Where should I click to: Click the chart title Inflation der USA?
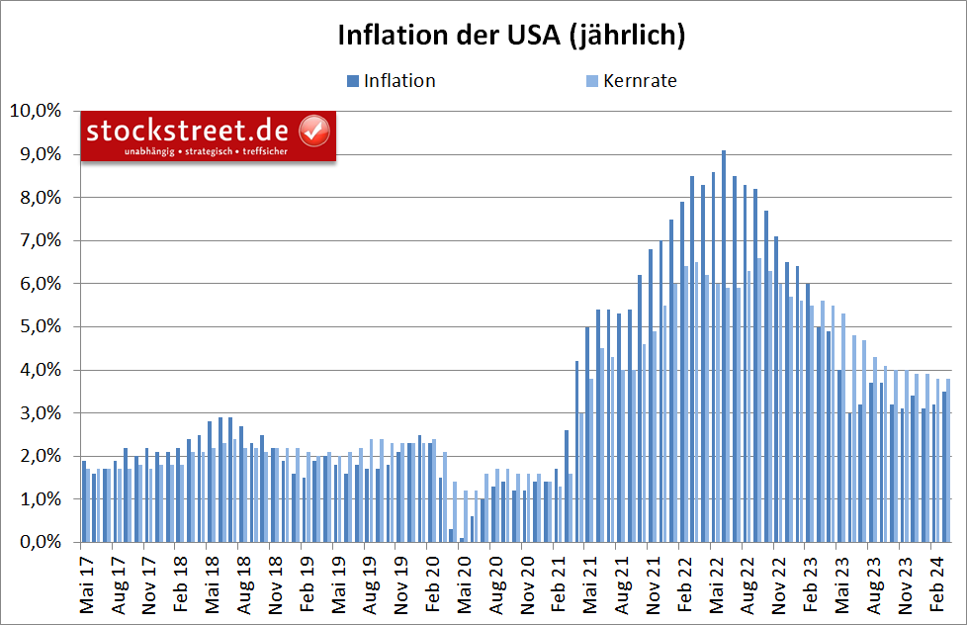[x=511, y=35]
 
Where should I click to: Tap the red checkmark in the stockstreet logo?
[x=314, y=130]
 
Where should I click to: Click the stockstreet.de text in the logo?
[x=187, y=131]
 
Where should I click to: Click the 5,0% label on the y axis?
[x=38, y=326]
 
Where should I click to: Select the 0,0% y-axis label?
[x=38, y=542]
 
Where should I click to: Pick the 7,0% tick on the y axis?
[x=38, y=240]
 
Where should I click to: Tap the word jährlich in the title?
[x=628, y=35]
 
